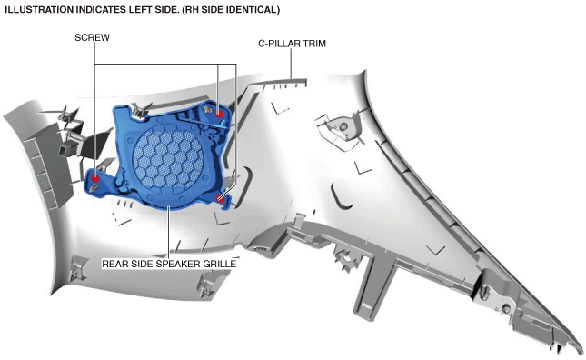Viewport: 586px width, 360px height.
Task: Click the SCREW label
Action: tap(92, 38)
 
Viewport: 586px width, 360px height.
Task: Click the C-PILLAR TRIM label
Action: tap(292, 44)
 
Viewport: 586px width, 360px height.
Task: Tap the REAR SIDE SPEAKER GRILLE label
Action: tap(169, 264)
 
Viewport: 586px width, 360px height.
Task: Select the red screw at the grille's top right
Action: tap(219, 114)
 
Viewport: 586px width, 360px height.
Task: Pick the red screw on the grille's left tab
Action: tap(94, 178)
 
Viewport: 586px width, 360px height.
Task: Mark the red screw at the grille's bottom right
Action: tap(221, 198)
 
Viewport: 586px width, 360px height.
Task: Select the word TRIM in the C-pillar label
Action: tap(314, 44)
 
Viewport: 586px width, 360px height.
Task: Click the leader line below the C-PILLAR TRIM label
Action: tap(291, 64)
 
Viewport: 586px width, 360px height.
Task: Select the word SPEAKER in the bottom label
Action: tap(178, 264)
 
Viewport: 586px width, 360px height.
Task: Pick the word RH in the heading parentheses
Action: tap(192, 10)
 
